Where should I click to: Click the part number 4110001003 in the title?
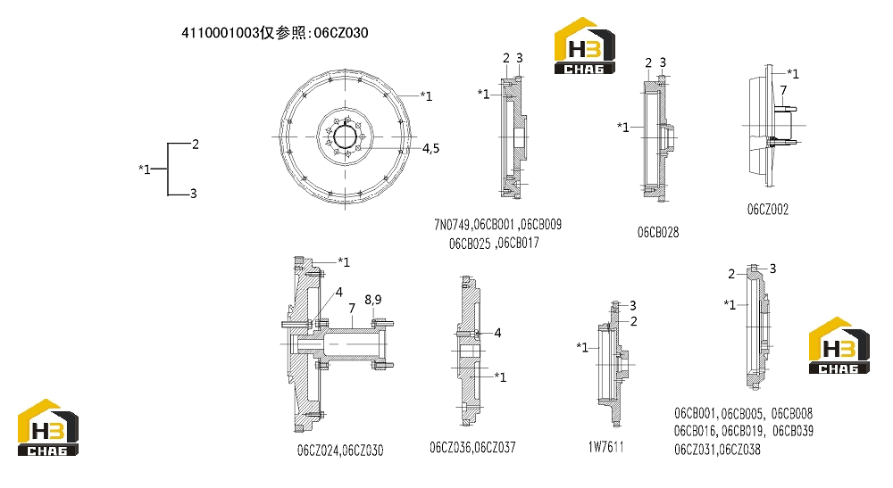point(221,33)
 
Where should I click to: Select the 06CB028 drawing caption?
point(658,232)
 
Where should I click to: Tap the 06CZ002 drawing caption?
point(768,210)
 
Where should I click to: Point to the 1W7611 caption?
point(606,447)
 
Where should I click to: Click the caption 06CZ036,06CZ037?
point(472,448)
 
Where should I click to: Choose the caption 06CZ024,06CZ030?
point(340,451)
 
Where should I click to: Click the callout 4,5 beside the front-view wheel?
point(430,148)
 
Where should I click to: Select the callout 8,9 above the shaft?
point(373,300)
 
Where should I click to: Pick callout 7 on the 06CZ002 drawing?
point(784,90)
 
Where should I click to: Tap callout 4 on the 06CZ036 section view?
point(497,333)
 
